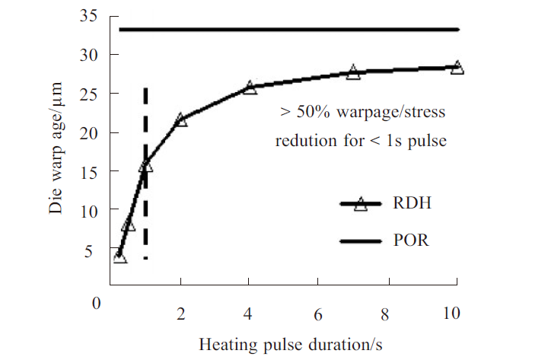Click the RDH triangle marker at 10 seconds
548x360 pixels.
click(x=457, y=68)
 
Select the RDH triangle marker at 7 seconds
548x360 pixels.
click(x=353, y=73)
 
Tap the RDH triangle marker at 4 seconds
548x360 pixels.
click(x=250, y=88)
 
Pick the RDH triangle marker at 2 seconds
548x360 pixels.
click(x=181, y=120)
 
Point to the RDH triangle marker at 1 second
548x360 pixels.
click(x=146, y=165)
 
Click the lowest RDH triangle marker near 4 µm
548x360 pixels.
click(x=119, y=257)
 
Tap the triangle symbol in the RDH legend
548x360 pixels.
click(x=361, y=204)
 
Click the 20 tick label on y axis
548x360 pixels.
click(x=90, y=132)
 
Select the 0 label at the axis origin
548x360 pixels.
click(x=97, y=304)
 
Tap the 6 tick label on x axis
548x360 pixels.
click(x=319, y=314)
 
